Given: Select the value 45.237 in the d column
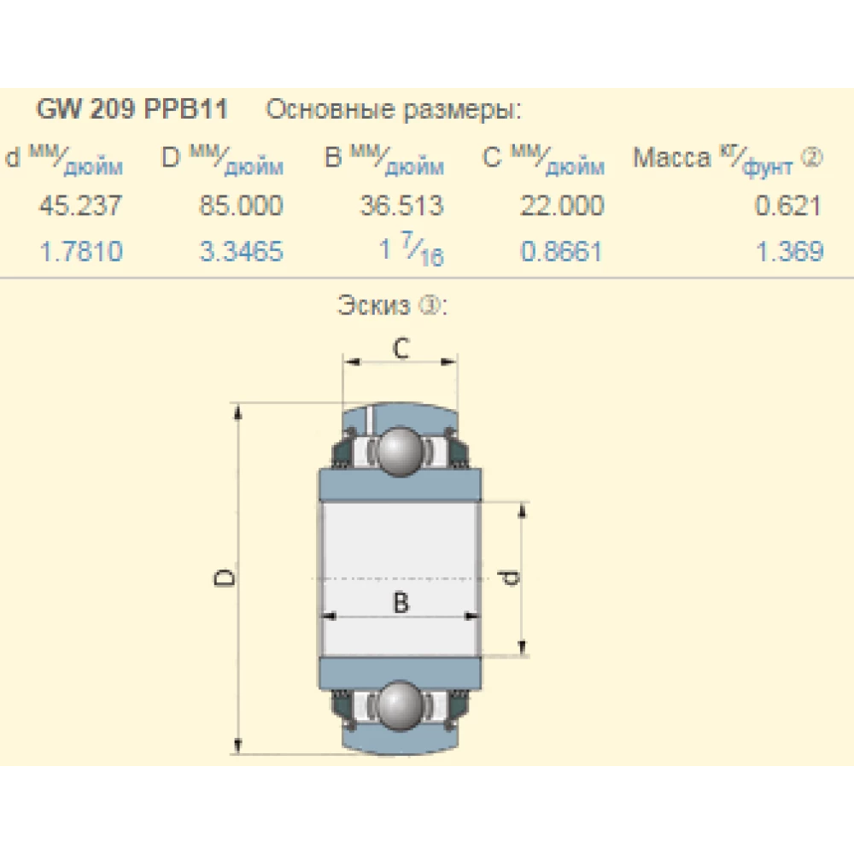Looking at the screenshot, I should point(80,206).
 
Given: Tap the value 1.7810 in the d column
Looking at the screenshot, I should point(82,251).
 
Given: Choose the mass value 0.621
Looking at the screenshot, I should point(789,206).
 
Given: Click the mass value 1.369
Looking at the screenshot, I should point(789,251).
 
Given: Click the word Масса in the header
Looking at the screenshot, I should point(671,158).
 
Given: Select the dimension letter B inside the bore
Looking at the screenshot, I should point(401,602).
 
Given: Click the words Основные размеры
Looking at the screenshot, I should point(394,110).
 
